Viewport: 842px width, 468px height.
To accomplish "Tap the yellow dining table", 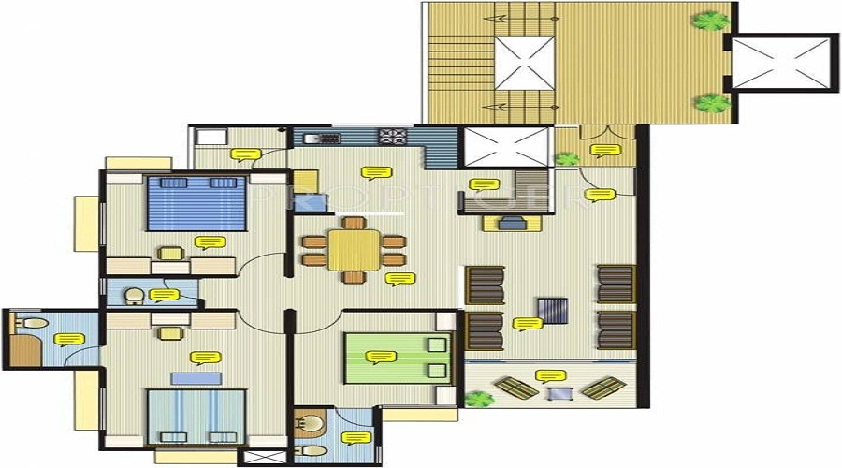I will pyautogui.click(x=353, y=250).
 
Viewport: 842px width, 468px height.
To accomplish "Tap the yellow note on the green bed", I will pyautogui.click(x=379, y=358).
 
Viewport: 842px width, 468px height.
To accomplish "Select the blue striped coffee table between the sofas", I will pyautogui.click(x=552, y=309).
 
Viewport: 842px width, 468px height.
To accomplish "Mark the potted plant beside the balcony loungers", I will pyautogui.click(x=479, y=400).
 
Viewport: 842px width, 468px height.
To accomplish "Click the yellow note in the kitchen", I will pyautogui.click(x=375, y=173).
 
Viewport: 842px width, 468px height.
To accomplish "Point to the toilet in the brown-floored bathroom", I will pyautogui.click(x=35, y=323).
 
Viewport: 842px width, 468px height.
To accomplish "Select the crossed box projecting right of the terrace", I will pyautogui.click(x=783, y=63).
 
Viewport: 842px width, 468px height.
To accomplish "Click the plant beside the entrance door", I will pyautogui.click(x=566, y=159).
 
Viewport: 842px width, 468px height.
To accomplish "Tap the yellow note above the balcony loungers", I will pyautogui.click(x=549, y=376).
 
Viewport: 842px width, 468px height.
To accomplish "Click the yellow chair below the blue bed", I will pyautogui.click(x=170, y=253).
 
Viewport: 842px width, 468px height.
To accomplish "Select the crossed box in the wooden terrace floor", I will pyautogui.click(x=524, y=63).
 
